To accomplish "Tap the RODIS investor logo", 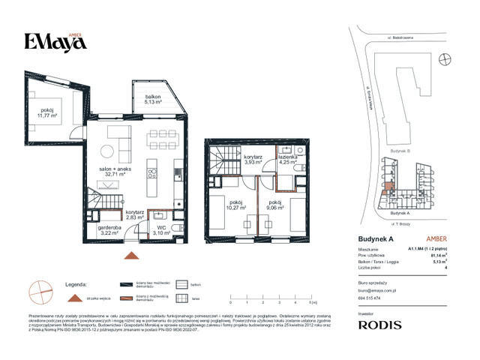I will pyautogui.click(x=379, y=325).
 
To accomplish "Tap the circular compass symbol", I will pyautogui.click(x=40, y=289).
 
